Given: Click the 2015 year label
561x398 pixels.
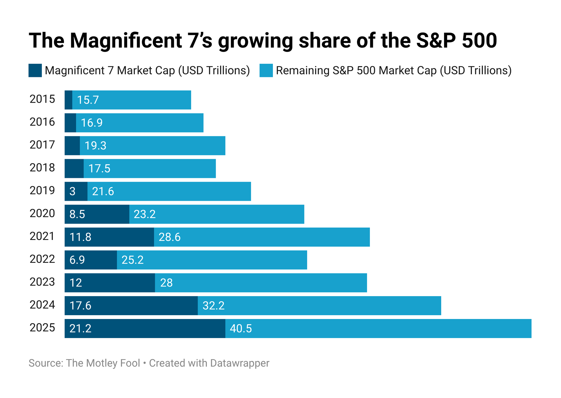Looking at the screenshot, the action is tap(42, 99).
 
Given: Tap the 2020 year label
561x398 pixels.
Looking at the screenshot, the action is tap(42, 213).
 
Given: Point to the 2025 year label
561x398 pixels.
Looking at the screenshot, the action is tap(42, 327).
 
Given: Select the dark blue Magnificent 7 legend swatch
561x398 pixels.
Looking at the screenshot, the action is tap(35, 71).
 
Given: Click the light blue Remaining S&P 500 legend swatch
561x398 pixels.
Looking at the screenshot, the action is tap(266, 71).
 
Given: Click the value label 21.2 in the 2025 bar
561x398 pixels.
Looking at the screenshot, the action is tap(80, 329).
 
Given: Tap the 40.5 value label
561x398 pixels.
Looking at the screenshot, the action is tap(241, 329).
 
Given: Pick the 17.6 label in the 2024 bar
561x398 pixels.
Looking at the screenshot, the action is tap(80, 306).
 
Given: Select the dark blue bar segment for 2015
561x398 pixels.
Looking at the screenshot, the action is tap(68, 100).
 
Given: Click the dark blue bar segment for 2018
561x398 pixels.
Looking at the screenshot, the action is tap(74, 169).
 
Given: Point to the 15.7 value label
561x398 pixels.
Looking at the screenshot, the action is tap(88, 100).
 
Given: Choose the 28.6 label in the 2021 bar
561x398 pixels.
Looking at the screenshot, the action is tap(169, 237).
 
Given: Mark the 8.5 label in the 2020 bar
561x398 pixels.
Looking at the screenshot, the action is tap(77, 214).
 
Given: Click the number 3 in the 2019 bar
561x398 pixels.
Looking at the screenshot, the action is tap(72, 191).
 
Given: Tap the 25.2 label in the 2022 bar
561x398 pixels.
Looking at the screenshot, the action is tap(133, 260).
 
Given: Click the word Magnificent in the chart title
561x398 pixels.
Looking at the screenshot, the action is tap(126, 40).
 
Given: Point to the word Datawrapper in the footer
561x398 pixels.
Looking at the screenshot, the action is tap(240, 363).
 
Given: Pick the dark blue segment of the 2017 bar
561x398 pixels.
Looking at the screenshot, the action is tap(72, 146).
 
